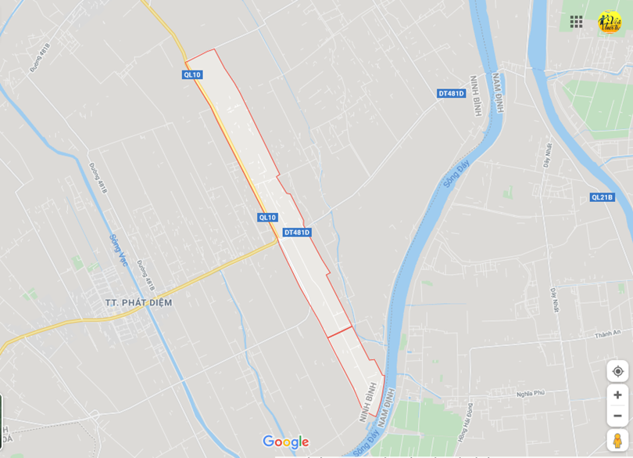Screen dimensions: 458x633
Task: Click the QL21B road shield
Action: [602, 197]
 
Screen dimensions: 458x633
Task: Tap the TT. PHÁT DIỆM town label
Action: [138, 302]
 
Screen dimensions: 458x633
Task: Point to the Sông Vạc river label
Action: [119, 250]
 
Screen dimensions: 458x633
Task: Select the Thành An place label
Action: [606, 333]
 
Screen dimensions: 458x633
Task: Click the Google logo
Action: [285, 442]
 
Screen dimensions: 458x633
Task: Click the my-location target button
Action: [617, 371]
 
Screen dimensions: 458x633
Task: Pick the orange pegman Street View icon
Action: [617, 440]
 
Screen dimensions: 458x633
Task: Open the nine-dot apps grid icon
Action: [576, 22]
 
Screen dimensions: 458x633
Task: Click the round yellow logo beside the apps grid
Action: [610, 22]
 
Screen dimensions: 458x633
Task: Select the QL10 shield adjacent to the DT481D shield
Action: [267, 218]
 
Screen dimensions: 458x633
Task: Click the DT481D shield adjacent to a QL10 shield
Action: [297, 233]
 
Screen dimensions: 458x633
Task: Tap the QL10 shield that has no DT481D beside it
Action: [191, 75]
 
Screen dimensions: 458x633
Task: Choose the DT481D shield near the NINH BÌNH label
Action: [451, 94]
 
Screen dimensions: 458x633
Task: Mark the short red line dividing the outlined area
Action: [340, 332]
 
